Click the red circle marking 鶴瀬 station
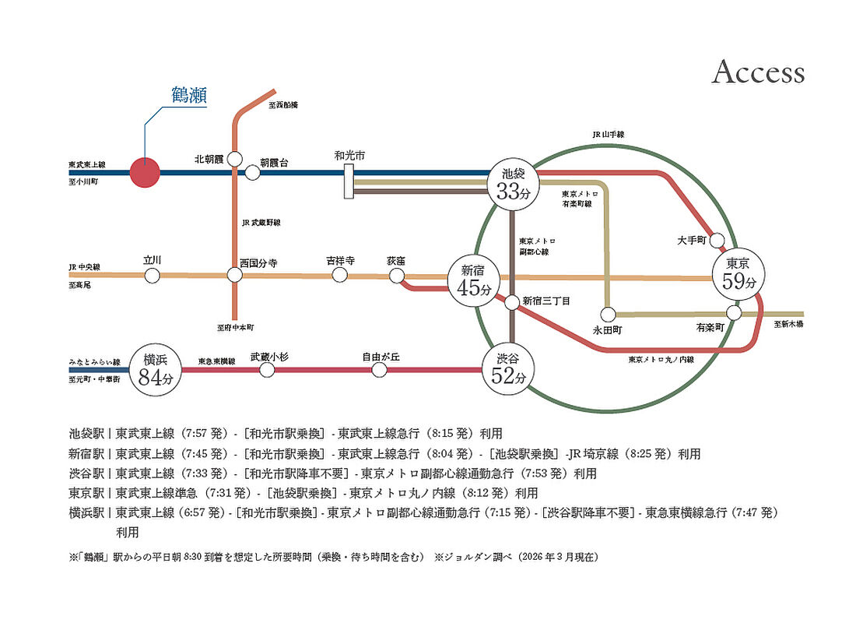pyautogui.click(x=144, y=173)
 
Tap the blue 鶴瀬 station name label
pyautogui.click(x=188, y=95)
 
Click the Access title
pyautogui.click(x=758, y=72)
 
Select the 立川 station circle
pyautogui.click(x=153, y=275)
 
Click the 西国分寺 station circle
pyautogui.click(x=234, y=275)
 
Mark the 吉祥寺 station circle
pyautogui.click(x=339, y=275)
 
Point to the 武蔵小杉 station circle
pyautogui.click(x=267, y=370)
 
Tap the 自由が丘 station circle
pyautogui.click(x=380, y=370)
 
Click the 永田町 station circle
pyautogui.click(x=609, y=314)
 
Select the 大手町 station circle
pyautogui.click(x=718, y=240)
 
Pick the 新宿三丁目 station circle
pyautogui.click(x=512, y=302)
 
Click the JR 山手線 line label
pyautogui.click(x=608, y=135)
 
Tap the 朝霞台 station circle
pyautogui.click(x=252, y=173)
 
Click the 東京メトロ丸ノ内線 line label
pyautogui.click(x=661, y=360)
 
